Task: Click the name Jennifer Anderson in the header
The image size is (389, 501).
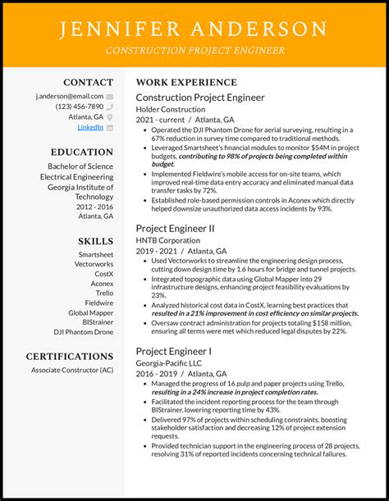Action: [194, 29]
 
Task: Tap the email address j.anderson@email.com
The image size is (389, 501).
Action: [69, 96]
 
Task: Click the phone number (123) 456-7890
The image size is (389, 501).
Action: [79, 107]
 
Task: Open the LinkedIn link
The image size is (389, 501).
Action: [90, 127]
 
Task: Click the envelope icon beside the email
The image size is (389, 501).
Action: [109, 96]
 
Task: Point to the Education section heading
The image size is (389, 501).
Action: [82, 152]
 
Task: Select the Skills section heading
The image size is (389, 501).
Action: [96, 240]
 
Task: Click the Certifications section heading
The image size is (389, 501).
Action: [70, 356]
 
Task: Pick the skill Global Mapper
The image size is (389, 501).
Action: [90, 312]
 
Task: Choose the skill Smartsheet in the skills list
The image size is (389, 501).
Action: [96, 254]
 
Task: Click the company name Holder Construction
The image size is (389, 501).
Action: [171, 109]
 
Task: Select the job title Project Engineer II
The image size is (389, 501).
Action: [175, 227]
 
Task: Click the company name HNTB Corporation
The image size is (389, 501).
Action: [169, 239]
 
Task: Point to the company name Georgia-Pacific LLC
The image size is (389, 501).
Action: [171, 362]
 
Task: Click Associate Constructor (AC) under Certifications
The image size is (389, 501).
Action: [72, 371]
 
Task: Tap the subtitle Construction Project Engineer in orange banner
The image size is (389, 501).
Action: [194, 50]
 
